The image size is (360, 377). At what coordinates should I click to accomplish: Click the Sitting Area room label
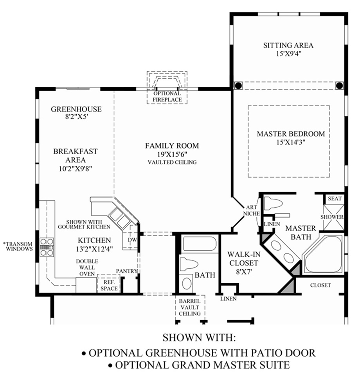tap(288, 45)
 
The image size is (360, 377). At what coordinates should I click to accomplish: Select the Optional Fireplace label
tap(167, 97)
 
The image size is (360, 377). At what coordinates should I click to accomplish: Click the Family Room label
tap(172, 146)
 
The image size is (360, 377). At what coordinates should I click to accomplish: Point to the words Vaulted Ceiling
tap(172, 162)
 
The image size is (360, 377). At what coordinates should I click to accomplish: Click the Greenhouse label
tap(76, 109)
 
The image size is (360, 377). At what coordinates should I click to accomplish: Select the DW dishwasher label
tap(132, 240)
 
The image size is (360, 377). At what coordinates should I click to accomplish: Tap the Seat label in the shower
tap(335, 199)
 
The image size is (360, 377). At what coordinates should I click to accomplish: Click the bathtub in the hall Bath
tap(200, 244)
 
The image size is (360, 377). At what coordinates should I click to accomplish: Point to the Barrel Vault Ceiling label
tap(190, 307)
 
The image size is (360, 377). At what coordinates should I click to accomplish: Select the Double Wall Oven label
tap(87, 267)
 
